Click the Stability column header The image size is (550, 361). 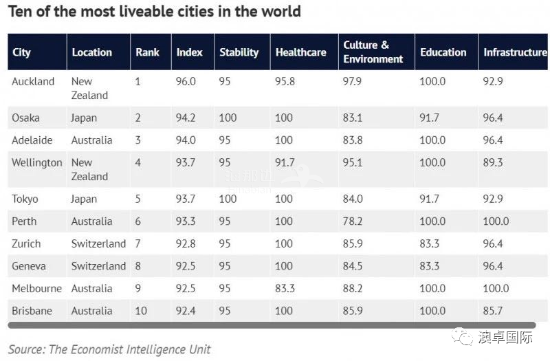coord(239,52)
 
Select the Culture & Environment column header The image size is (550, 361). coord(373,52)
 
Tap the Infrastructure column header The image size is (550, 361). coord(515,52)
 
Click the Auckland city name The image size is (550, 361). coord(33,81)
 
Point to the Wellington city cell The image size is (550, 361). coord(37,163)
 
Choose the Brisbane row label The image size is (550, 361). coord(32,311)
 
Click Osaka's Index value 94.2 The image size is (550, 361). coord(186,118)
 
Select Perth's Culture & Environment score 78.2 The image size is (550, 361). coord(353,221)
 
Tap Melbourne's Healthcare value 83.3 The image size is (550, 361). coord(285,288)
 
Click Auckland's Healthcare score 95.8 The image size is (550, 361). coord(285,81)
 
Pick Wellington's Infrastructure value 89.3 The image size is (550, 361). coord(493,162)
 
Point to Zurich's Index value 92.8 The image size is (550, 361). coord(186,243)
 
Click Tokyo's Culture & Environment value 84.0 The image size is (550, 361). coord(353,199)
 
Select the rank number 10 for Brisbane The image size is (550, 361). coord(141,311)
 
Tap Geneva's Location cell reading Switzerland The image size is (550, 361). coord(98,266)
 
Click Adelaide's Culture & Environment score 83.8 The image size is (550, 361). coord(353,140)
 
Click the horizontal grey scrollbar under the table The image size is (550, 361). coord(272,325)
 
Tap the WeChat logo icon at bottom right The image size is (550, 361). coord(462,337)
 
